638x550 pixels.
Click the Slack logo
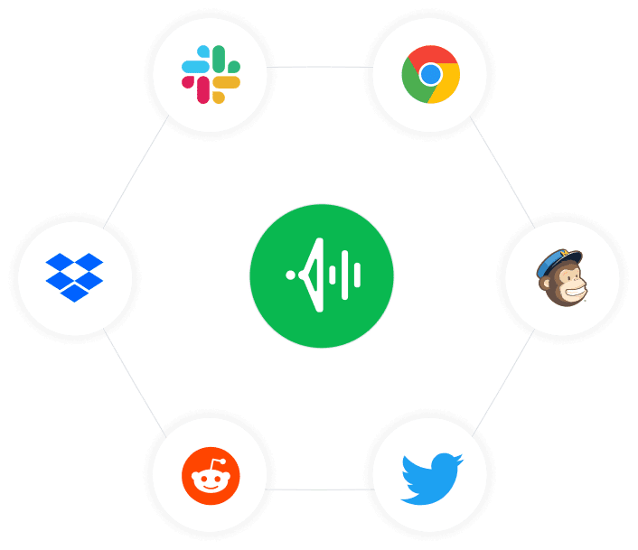coord(211,74)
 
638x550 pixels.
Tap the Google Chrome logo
coord(430,74)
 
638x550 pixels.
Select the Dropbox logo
coord(75,276)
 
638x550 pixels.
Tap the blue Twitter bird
coord(431,477)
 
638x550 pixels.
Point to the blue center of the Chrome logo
coord(430,74)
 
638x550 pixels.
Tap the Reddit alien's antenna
coord(218,459)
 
